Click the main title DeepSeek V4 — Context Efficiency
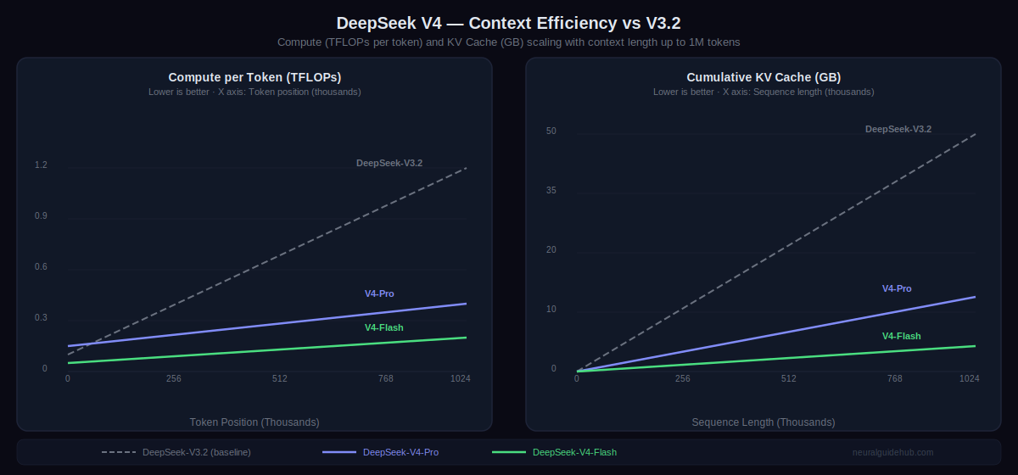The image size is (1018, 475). (509, 23)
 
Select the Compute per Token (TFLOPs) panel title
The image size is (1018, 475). (255, 77)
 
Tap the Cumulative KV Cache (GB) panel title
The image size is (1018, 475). (763, 77)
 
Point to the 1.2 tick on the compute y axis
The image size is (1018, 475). (41, 165)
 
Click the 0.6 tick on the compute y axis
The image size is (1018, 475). (41, 267)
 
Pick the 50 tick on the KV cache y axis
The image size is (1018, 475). (551, 131)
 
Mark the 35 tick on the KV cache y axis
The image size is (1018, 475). (551, 191)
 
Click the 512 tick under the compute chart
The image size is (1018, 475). (280, 378)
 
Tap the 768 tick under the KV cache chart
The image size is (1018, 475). (895, 378)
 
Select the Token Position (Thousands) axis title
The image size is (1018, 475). (255, 422)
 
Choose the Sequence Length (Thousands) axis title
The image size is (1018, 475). (763, 422)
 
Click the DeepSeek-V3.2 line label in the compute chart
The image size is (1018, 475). (389, 163)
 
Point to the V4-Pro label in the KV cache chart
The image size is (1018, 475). (897, 288)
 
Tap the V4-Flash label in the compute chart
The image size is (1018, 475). (384, 327)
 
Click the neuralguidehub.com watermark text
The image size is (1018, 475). (892, 452)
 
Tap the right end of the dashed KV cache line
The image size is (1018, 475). (975, 134)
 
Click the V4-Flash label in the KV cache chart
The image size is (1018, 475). (901, 336)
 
